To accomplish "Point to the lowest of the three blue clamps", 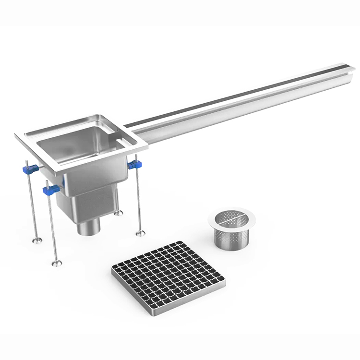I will click(50, 190).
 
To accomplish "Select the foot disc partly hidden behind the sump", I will click(118, 213).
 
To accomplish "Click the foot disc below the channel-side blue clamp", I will click(140, 233).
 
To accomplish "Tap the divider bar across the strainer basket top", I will click(231, 219).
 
